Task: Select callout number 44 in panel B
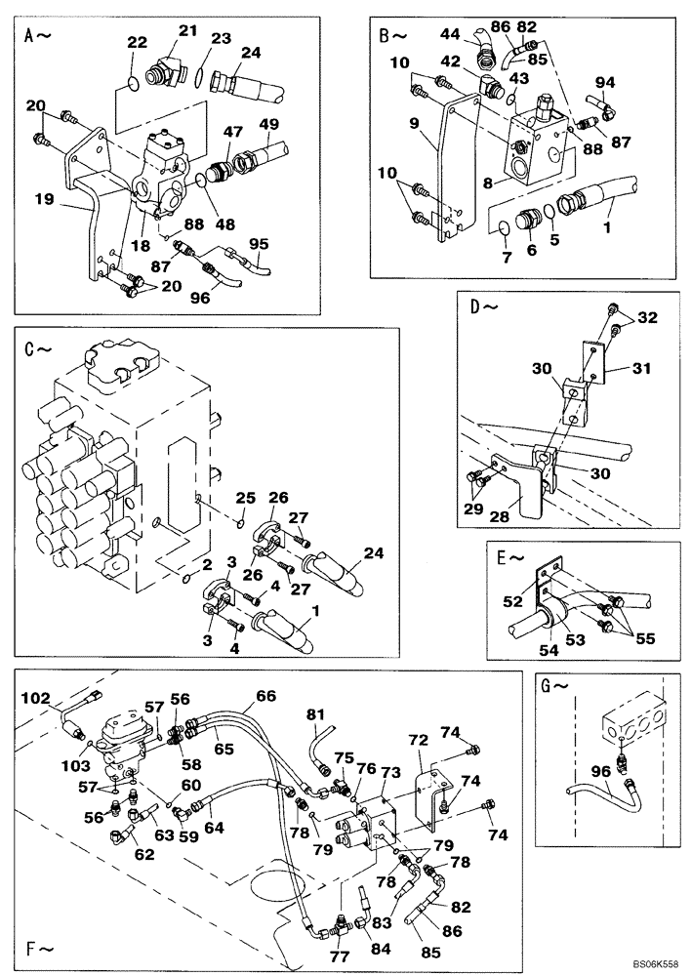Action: click(x=450, y=34)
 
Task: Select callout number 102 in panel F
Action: click(x=35, y=698)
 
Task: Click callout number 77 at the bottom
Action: click(x=339, y=956)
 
